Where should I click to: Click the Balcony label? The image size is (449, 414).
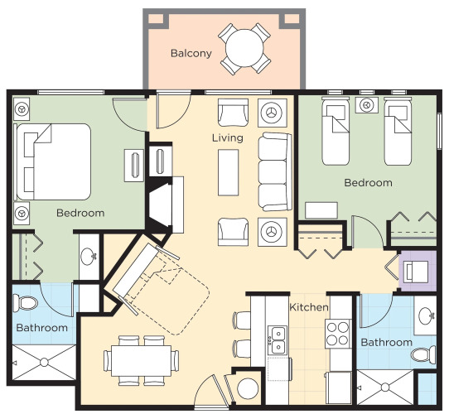[x=191, y=54]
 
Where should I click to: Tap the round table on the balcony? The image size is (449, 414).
[x=244, y=48]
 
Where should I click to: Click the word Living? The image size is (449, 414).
[x=228, y=138]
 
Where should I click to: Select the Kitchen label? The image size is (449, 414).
[x=309, y=307]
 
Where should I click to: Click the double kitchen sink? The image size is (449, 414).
[x=278, y=340]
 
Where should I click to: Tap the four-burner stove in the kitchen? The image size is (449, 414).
[x=338, y=334]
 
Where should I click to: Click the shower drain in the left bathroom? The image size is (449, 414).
[x=44, y=363]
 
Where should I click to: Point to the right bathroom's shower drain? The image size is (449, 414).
[x=385, y=388]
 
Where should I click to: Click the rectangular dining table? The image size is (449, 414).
[x=141, y=361]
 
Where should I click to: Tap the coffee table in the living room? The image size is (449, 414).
[x=228, y=173]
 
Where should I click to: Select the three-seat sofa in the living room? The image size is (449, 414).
[x=275, y=171]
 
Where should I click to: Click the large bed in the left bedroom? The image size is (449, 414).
[x=54, y=161]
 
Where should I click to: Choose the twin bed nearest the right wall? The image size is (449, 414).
[x=398, y=132]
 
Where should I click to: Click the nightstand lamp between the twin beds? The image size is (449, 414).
[x=366, y=105]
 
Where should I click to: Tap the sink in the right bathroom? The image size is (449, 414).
[x=426, y=315]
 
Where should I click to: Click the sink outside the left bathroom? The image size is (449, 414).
[x=89, y=256]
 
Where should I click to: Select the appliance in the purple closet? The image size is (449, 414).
[x=417, y=272]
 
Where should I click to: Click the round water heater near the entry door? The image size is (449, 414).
[x=248, y=388]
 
